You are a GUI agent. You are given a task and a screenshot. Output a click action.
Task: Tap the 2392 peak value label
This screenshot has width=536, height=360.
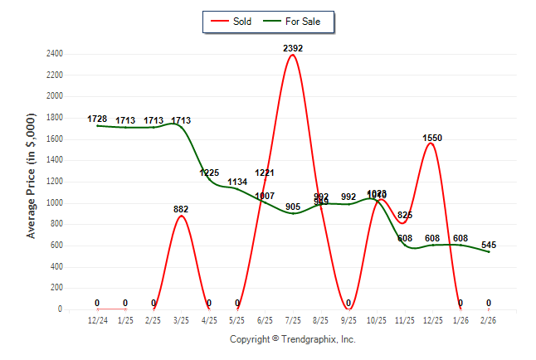pos(293,48)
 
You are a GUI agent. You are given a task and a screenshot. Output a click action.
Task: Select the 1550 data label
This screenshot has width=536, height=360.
pos(432,138)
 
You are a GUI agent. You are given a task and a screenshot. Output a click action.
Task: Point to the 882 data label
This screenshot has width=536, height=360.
pos(181,209)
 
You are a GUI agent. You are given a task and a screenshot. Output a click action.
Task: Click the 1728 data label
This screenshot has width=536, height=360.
pos(97,119)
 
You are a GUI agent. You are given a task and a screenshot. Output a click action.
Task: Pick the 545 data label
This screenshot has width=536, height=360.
pos(489,245)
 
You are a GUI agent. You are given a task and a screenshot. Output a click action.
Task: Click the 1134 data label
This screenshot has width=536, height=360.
pos(237,182)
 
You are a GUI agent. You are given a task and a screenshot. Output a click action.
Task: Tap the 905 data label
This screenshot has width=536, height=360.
pos(293,207)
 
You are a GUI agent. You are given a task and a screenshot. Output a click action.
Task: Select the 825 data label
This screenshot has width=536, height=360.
pos(404,215)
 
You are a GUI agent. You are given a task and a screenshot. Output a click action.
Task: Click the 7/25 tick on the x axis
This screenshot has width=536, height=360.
pos(293,319)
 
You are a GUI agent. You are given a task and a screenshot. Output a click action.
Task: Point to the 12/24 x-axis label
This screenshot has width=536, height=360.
pos(97,319)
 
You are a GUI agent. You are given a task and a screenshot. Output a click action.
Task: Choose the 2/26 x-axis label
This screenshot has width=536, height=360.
pos(489,319)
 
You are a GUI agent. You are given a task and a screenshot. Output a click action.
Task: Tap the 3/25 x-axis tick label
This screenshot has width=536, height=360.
pos(181,319)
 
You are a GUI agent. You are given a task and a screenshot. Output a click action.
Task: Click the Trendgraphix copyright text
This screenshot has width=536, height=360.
pos(292,339)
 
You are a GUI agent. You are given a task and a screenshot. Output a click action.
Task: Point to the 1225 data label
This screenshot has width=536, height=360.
pos(209,173)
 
